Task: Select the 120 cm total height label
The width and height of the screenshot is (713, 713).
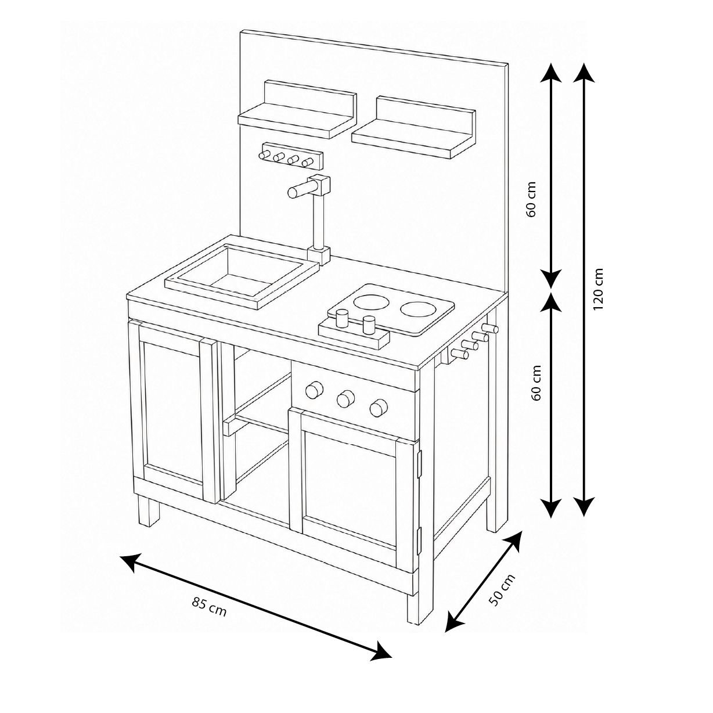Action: (x=598, y=289)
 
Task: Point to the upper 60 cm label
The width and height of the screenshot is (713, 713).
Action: (x=531, y=199)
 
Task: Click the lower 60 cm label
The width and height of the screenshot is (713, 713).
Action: (x=536, y=383)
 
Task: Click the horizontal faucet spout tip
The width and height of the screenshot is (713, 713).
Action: (x=292, y=192)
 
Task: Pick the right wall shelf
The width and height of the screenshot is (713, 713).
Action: (x=413, y=128)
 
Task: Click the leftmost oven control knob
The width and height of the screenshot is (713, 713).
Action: (x=314, y=390)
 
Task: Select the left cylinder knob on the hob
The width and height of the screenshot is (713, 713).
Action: (x=342, y=319)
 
